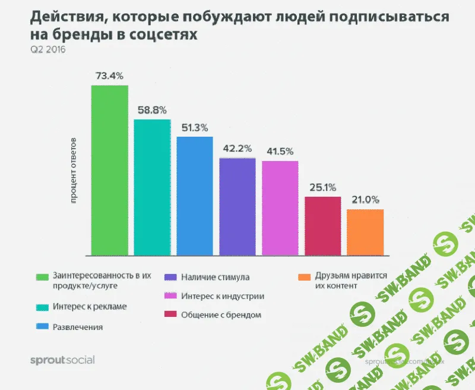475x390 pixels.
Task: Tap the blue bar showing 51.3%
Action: pyautogui.click(x=195, y=196)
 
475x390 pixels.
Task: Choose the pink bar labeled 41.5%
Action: pyautogui.click(x=280, y=208)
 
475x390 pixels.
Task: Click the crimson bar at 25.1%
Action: pyautogui.click(x=322, y=226)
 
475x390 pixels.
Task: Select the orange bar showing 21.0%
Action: pyautogui.click(x=365, y=232)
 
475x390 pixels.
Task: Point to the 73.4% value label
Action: pyautogui.click(x=110, y=76)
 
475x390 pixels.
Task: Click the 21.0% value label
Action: pyautogui.click(x=365, y=200)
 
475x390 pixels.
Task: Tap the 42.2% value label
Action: pyautogui.click(x=237, y=149)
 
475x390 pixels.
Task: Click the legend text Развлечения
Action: pyautogui.click(x=78, y=327)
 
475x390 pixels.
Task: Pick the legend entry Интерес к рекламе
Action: pyautogui.click(x=90, y=307)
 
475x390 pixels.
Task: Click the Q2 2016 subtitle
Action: pyautogui.click(x=47, y=49)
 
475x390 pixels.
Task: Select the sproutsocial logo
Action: pyautogui.click(x=62, y=360)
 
